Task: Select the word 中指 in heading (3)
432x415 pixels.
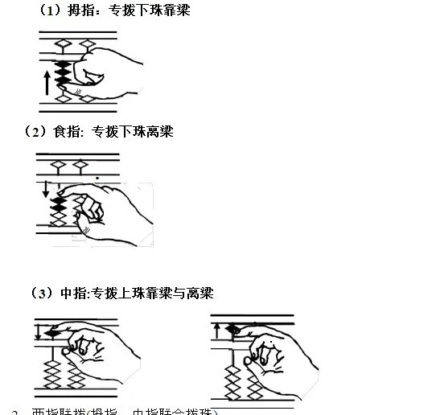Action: (x=75, y=294)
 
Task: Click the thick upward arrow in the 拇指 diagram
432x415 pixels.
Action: (x=47, y=81)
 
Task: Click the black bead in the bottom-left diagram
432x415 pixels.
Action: (x=54, y=331)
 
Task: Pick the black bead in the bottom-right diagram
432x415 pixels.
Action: (x=233, y=329)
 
